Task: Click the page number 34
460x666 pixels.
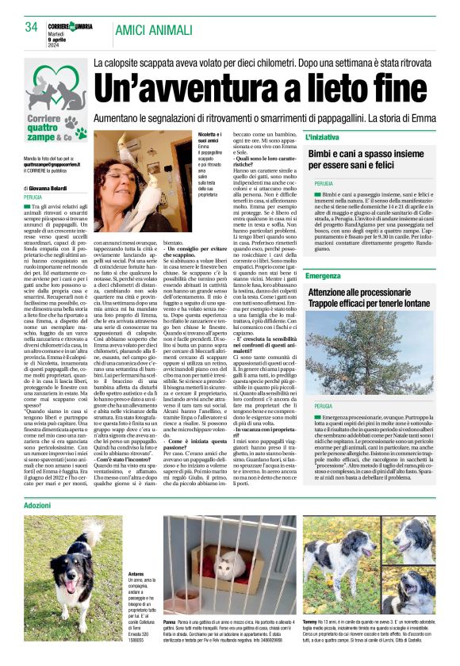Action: click(x=32, y=27)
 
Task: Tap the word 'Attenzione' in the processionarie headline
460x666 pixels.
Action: click(x=335, y=293)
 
